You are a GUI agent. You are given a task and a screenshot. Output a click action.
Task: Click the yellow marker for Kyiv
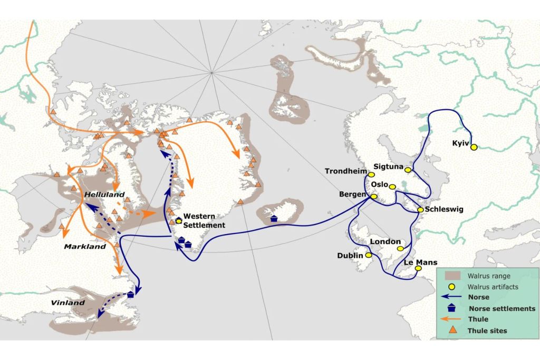pyautogui.click(x=474, y=148)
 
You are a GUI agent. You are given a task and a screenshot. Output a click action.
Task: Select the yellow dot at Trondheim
pyautogui.click(x=371, y=174)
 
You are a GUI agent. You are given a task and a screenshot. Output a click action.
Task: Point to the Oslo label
pyautogui.click(x=379, y=184)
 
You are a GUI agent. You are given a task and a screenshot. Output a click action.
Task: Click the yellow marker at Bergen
pyautogui.click(x=374, y=197)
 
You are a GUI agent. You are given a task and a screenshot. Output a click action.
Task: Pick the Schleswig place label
pyautogui.click(x=444, y=209)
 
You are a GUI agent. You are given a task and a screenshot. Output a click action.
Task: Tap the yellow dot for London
pyautogui.click(x=400, y=248)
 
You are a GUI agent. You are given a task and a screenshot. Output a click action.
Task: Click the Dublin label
pyautogui.click(x=350, y=256)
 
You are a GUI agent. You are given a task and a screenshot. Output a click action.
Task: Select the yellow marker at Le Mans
pyautogui.click(x=418, y=268)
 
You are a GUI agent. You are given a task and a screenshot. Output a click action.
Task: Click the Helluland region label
pyautogui.click(x=104, y=194)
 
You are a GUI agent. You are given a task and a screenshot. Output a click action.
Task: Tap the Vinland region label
pyautogui.click(x=67, y=303)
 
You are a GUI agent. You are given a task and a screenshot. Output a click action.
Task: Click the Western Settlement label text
pyautogui.click(x=204, y=221)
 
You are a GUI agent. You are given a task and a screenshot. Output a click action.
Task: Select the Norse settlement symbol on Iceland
pyautogui.click(x=274, y=218)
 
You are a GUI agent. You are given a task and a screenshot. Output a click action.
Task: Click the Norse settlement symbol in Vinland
pyautogui.click(x=130, y=295)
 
